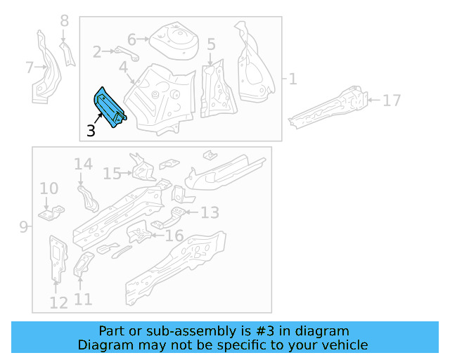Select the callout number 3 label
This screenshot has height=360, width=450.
(91, 131)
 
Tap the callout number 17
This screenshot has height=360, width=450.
(392, 101)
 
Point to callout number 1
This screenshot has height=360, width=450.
(292, 79)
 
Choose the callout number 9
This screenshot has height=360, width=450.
(23, 226)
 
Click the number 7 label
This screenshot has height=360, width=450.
(30, 68)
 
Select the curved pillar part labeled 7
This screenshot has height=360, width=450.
(44, 67)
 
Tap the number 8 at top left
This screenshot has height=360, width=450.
(65, 21)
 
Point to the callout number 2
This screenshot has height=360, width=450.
(98, 51)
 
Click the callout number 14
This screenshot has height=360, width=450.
(83, 165)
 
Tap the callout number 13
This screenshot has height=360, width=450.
(210, 212)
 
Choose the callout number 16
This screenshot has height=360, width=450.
(174, 236)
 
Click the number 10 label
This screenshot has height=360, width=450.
(49, 188)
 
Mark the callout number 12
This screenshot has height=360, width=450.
(58, 303)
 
